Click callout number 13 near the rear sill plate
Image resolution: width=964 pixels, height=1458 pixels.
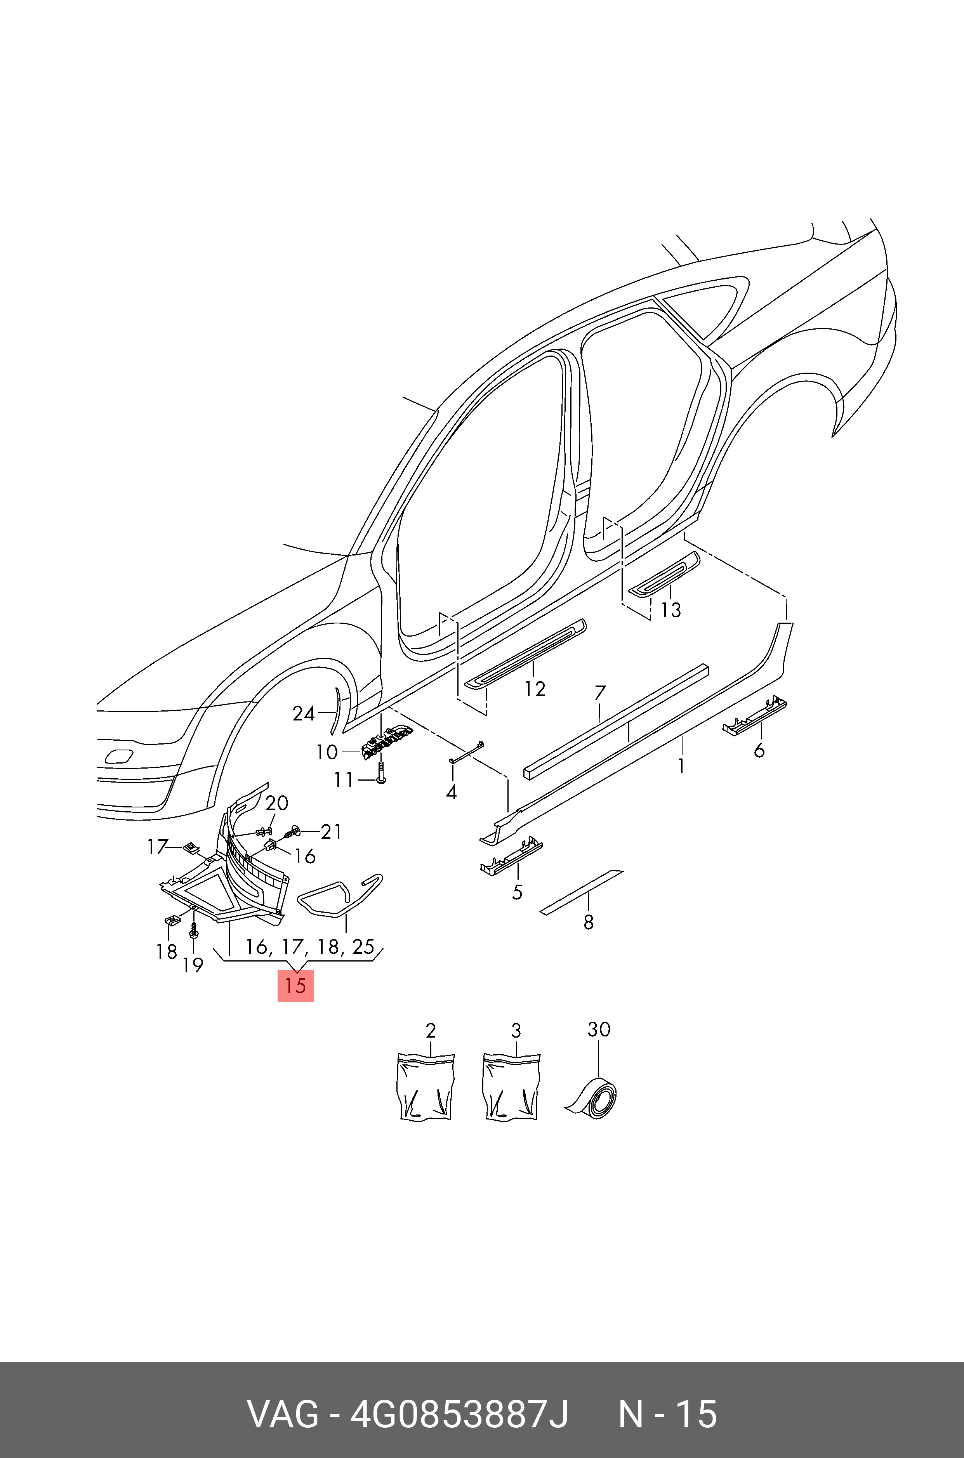(x=671, y=610)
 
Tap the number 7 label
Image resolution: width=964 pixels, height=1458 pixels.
(x=600, y=693)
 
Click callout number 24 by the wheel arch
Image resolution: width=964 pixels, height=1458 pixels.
(x=304, y=713)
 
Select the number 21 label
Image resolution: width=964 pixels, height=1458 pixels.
(x=332, y=831)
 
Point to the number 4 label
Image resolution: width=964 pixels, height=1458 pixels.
(x=451, y=792)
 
